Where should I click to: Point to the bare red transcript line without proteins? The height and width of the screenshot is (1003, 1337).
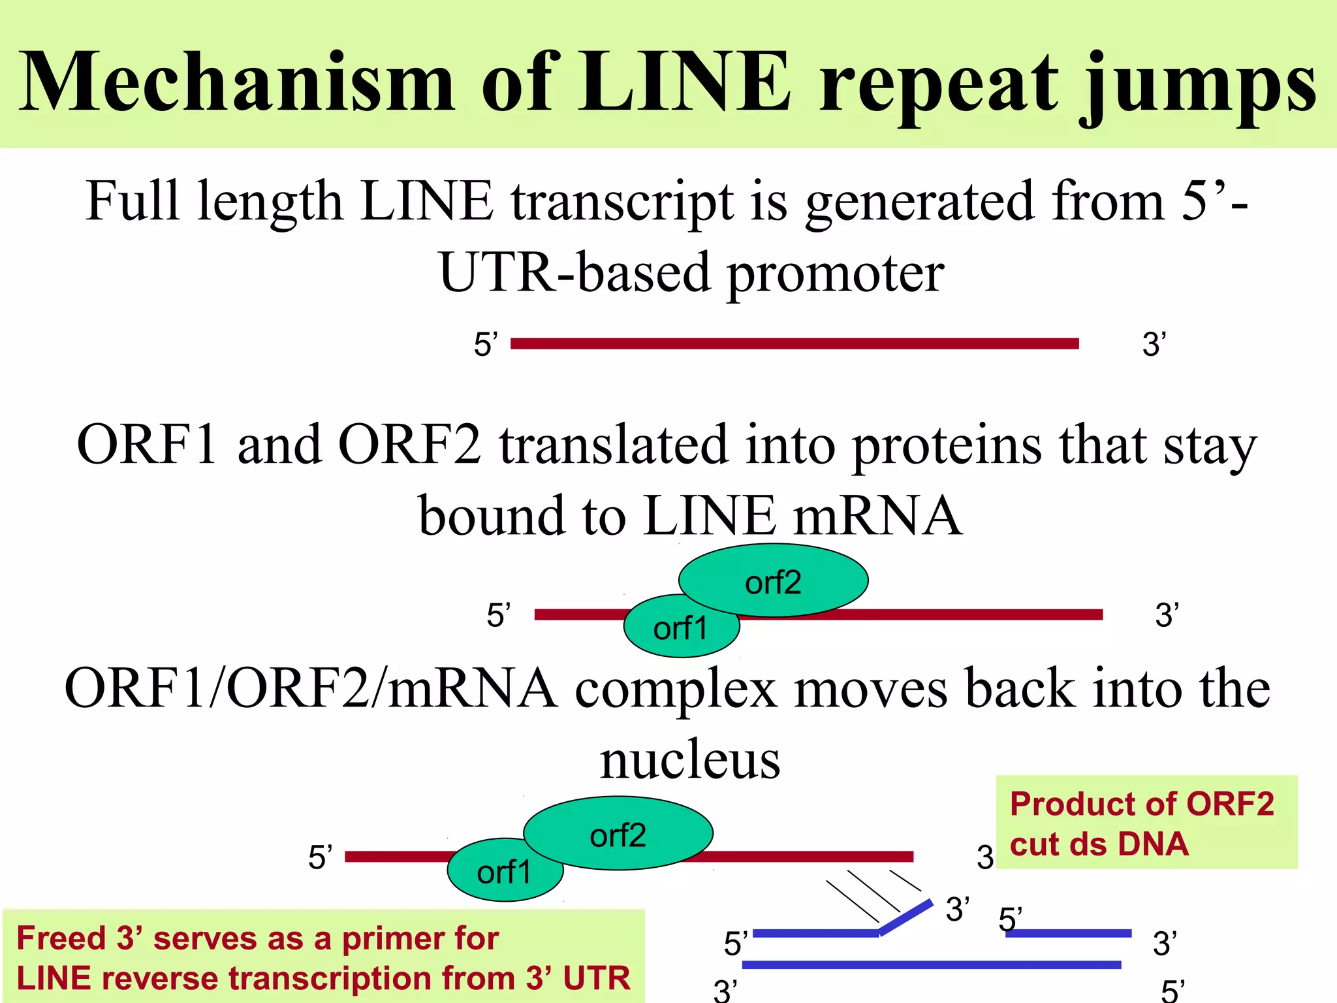(x=794, y=343)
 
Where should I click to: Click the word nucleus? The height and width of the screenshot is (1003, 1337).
(x=690, y=760)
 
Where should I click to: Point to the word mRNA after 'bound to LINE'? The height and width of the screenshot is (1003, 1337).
(x=877, y=516)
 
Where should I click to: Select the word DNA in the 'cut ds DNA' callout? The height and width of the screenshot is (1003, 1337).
(x=1153, y=844)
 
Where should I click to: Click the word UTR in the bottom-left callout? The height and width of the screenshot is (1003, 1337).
(x=597, y=978)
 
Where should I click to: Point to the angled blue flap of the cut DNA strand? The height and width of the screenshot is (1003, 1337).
(x=906, y=917)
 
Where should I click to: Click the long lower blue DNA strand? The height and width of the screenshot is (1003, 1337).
(x=931, y=964)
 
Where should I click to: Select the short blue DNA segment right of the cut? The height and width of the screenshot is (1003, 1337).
(x=1068, y=933)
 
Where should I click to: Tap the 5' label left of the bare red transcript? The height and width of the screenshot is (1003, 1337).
(x=486, y=344)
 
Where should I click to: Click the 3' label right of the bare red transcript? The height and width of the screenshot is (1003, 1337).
(x=1154, y=344)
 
